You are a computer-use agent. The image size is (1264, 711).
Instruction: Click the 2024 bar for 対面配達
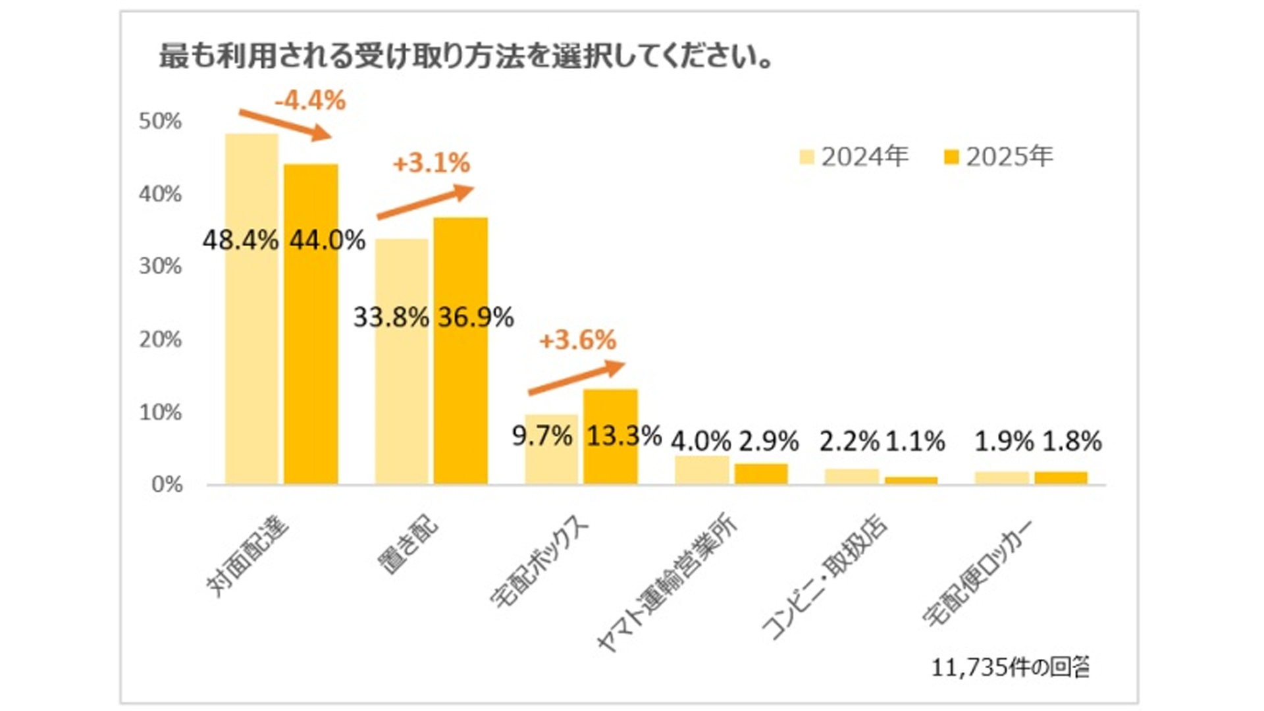(251, 309)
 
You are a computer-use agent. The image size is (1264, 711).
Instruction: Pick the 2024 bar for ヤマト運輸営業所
(702, 470)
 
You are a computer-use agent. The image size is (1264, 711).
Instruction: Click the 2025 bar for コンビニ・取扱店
(911, 481)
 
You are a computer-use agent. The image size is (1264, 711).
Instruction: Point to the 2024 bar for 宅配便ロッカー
(1001, 478)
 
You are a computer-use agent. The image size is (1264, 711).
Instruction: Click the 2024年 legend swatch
(806, 157)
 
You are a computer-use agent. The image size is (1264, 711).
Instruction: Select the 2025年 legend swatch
(951, 157)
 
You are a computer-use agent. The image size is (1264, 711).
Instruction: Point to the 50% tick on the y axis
(160, 121)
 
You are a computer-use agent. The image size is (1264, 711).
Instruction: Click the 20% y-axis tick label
(160, 340)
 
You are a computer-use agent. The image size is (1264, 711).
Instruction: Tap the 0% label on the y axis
(167, 485)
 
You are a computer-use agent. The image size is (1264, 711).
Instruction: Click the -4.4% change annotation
(310, 101)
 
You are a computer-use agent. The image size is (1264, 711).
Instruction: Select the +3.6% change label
(577, 340)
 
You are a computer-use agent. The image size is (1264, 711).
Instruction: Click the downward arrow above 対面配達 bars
(284, 124)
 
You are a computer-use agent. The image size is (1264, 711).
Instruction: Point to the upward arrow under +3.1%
(425, 202)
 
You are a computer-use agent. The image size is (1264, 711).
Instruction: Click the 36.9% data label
(476, 318)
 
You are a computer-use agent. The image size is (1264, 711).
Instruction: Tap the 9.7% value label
(542, 436)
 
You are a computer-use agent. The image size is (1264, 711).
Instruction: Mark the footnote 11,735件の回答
(1010, 668)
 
